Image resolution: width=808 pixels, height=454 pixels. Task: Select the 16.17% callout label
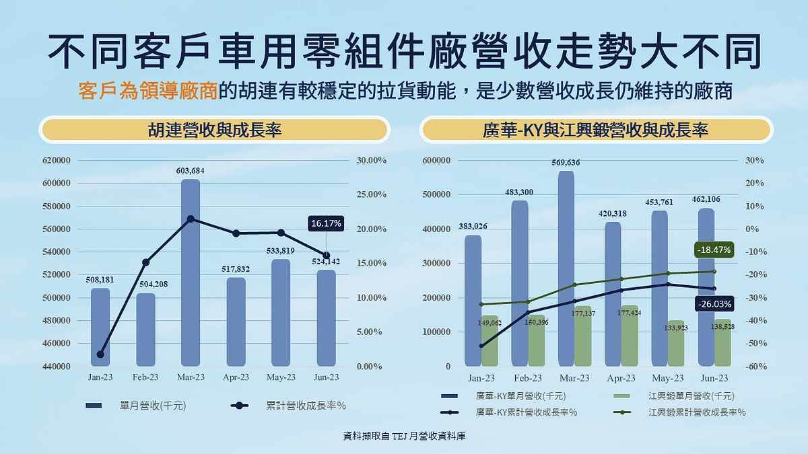click(x=327, y=223)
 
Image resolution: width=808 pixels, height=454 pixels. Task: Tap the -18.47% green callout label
click(x=713, y=250)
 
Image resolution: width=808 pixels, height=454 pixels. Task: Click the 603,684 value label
click(x=191, y=171)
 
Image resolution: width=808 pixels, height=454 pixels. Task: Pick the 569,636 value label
click(x=566, y=163)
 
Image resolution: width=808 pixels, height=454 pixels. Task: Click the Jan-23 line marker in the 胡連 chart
click(x=100, y=354)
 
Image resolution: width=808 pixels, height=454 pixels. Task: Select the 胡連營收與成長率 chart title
click(x=215, y=130)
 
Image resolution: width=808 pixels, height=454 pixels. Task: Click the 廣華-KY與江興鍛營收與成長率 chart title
click(x=595, y=130)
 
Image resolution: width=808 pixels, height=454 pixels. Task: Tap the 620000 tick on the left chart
click(x=57, y=160)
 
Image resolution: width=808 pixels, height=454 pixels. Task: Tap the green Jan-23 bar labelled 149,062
click(x=490, y=341)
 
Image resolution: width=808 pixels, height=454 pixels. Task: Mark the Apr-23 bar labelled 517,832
click(x=236, y=321)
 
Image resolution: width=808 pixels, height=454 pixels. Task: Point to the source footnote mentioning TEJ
click(x=404, y=436)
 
